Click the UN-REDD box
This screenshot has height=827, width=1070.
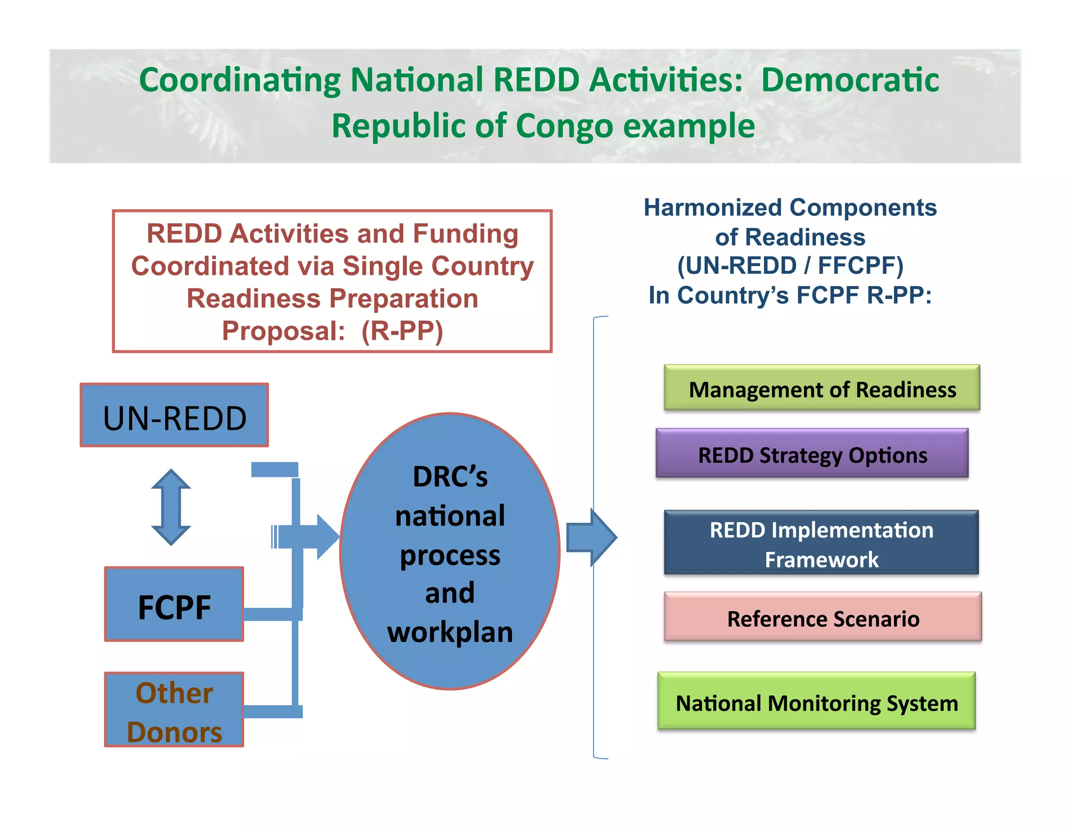coord(174,415)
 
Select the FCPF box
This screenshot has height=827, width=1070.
coord(174,604)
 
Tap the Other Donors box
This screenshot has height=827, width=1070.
coord(174,709)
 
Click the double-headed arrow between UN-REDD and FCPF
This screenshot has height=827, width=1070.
coord(171,507)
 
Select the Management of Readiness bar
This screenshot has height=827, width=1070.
coord(822,388)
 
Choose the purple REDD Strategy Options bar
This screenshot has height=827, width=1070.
coord(812,453)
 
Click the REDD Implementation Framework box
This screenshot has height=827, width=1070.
coord(821,543)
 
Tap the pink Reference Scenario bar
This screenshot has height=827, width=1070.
coord(822,617)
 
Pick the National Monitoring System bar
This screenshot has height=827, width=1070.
coord(816,701)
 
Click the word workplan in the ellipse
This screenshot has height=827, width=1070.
coord(450,633)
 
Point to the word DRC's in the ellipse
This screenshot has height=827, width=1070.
coord(450,477)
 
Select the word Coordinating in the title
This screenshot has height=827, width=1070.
coord(240,81)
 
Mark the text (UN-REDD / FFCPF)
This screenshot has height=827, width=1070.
coord(790,266)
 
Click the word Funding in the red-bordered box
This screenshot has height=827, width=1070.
coord(466,234)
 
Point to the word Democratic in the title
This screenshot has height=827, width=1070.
coord(850,81)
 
